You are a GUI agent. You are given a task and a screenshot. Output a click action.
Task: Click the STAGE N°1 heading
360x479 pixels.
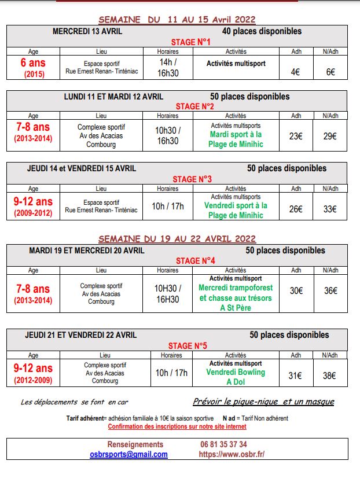[x=190, y=42]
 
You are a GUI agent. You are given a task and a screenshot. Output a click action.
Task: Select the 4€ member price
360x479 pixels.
[x=296, y=72]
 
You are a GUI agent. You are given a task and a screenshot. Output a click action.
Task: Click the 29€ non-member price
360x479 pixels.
[x=330, y=136]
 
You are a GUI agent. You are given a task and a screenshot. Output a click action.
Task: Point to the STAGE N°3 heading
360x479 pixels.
[x=192, y=179]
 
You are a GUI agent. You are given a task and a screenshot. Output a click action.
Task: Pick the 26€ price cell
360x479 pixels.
[x=296, y=209]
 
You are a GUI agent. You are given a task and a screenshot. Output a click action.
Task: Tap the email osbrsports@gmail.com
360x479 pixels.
[x=128, y=454]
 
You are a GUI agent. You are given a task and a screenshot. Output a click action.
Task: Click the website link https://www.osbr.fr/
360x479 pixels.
[x=232, y=454]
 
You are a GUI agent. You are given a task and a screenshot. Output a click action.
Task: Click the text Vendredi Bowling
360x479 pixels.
[x=235, y=372]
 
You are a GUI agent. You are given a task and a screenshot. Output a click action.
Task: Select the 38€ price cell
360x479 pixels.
[x=329, y=375]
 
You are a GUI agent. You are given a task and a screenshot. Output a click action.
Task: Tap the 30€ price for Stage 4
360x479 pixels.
[x=296, y=290]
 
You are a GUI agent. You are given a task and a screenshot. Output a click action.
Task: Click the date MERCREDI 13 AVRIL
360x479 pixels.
[x=87, y=31]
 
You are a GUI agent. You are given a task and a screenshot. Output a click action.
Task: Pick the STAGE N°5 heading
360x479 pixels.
[x=188, y=346]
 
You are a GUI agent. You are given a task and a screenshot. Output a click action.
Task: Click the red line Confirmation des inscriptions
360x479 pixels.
[x=177, y=426]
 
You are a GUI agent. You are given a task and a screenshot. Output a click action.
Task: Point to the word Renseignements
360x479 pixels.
[x=128, y=444]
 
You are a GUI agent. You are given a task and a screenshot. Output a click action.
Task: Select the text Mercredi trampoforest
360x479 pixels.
[x=236, y=288]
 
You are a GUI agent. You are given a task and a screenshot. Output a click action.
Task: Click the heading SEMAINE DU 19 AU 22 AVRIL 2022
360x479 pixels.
[x=177, y=238]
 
